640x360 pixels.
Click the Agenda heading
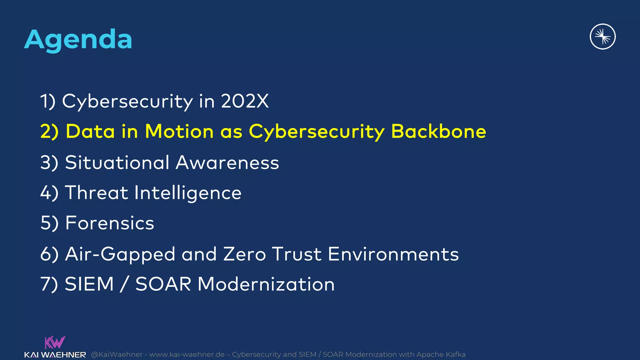pos(78,39)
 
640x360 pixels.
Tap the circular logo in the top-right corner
pos(602,37)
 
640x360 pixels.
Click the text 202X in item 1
pos(245,101)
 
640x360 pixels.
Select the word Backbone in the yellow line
pos(438,131)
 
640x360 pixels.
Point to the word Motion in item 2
pos(179,131)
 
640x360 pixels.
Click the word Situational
pos(117,162)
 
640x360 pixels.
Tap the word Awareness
pos(227,162)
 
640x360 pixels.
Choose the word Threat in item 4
pos(97,192)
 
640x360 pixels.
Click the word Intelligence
pos(188,193)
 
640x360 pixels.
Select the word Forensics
pos(110,223)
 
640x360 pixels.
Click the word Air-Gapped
pos(120,254)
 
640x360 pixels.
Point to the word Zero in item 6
pos(244,254)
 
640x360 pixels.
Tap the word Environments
pos(393,254)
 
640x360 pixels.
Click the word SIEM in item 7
pos(89,284)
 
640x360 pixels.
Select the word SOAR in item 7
pos(163,284)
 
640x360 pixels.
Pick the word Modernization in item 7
pos(266,284)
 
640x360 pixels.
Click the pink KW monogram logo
pos(55,342)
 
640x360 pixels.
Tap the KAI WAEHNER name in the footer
pos(55,355)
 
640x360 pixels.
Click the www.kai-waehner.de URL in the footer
pos(187,355)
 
